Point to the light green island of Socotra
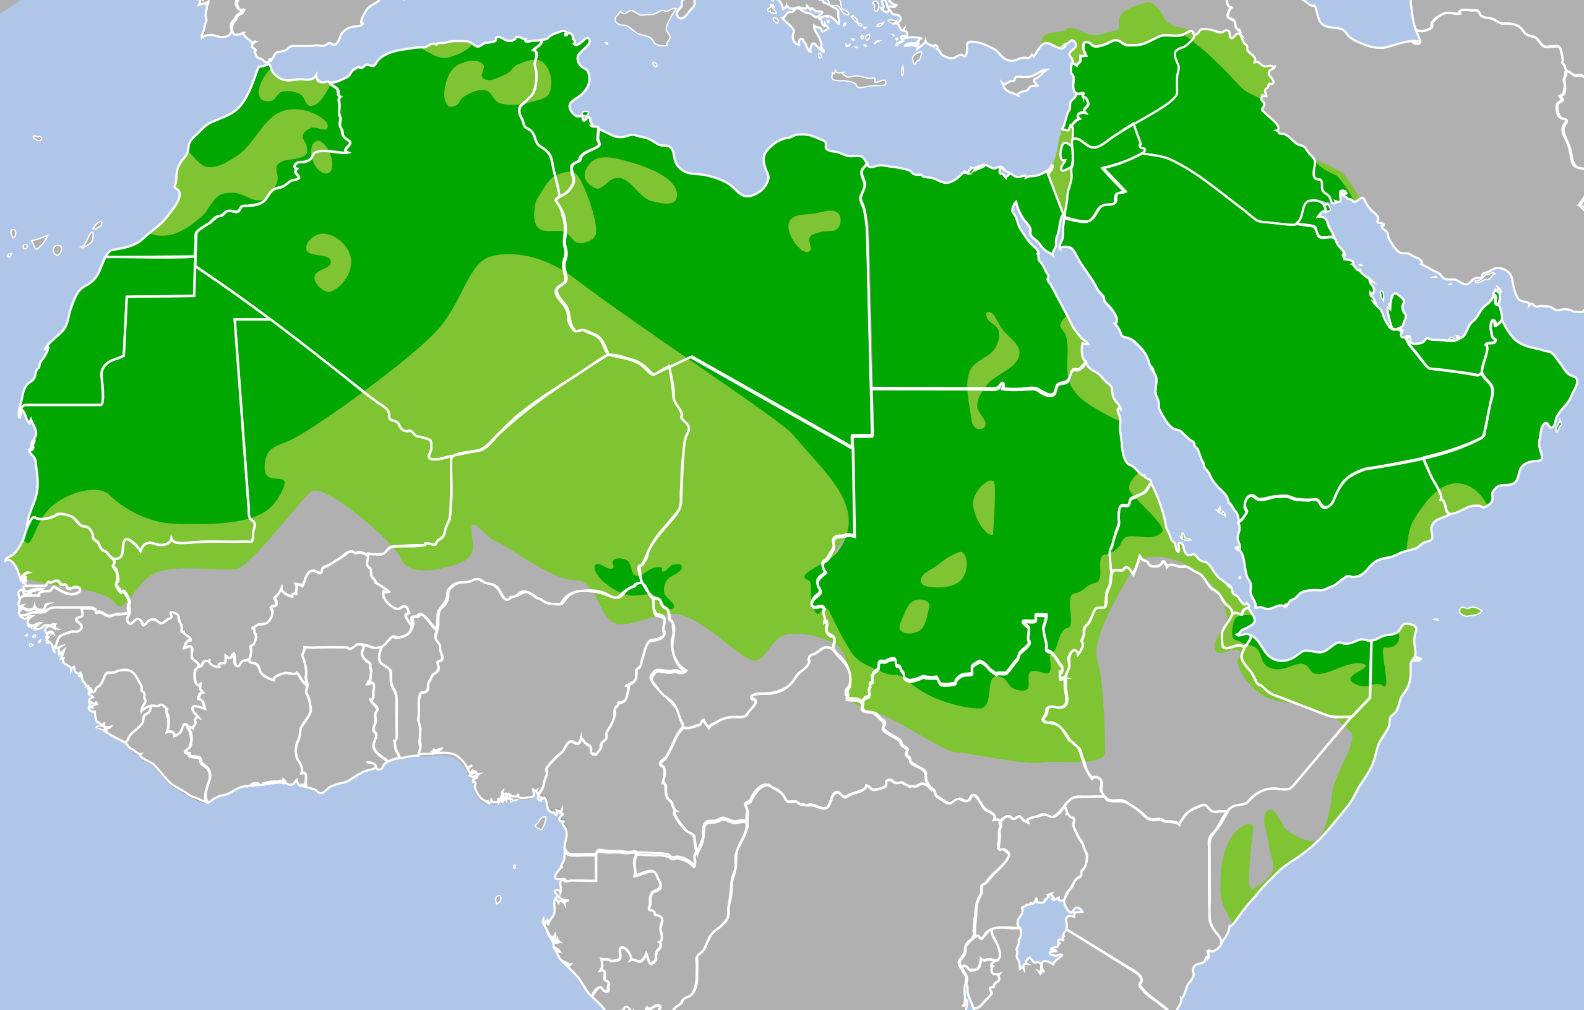tap(1470, 611)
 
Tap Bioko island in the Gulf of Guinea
tap(541, 823)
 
